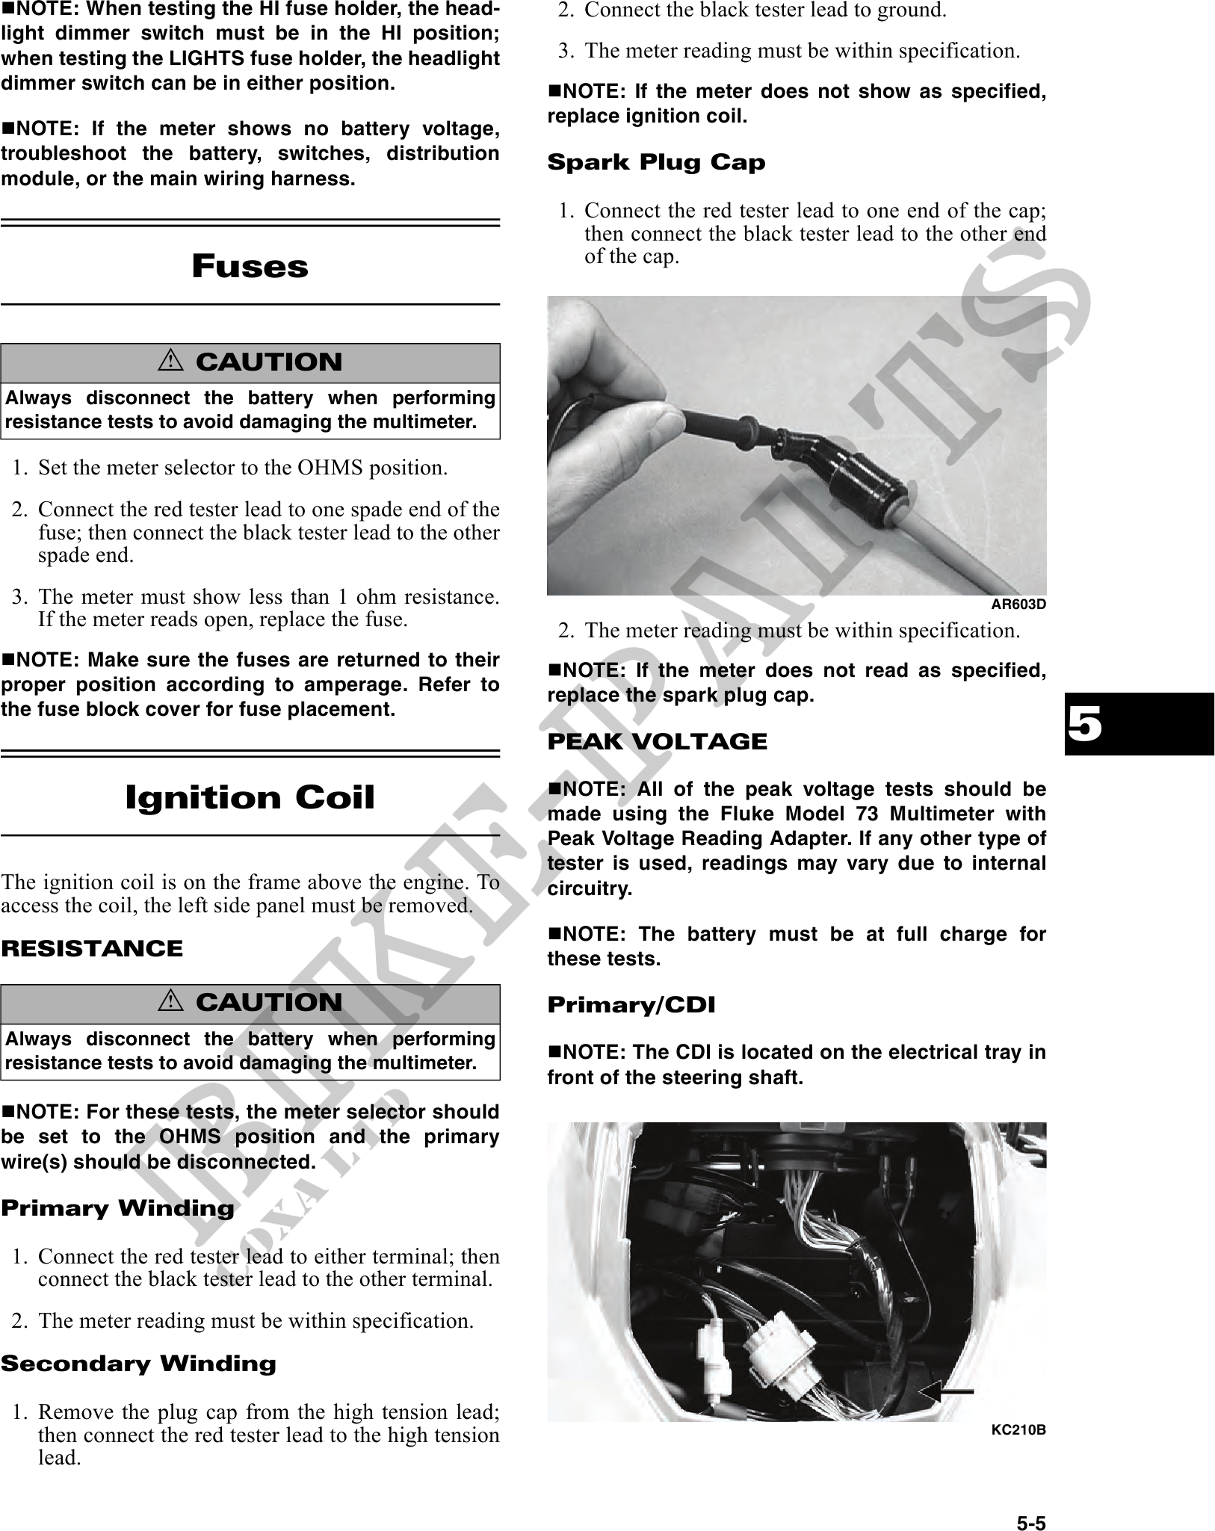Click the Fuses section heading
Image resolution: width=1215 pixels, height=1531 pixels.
[250, 267]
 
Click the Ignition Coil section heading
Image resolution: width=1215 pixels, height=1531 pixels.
[250, 798]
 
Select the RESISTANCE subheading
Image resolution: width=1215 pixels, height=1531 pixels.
[92, 949]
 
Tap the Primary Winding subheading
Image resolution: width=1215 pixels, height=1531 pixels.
[117, 1208]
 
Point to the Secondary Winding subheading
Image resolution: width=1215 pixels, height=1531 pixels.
[138, 1364]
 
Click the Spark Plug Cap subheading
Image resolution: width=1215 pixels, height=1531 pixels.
[656, 162]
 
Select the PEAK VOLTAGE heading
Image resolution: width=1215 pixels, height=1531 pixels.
[657, 742]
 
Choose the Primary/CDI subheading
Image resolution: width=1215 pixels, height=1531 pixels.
[631, 1005]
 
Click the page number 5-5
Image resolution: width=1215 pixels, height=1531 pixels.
[1030, 1503]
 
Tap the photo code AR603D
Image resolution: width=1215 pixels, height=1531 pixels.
[1018, 604]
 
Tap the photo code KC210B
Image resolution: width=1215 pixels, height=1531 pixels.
[1018, 1430]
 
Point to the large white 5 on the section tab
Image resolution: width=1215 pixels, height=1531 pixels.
[1084, 724]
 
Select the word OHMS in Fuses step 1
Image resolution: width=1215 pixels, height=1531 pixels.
[327, 468]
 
